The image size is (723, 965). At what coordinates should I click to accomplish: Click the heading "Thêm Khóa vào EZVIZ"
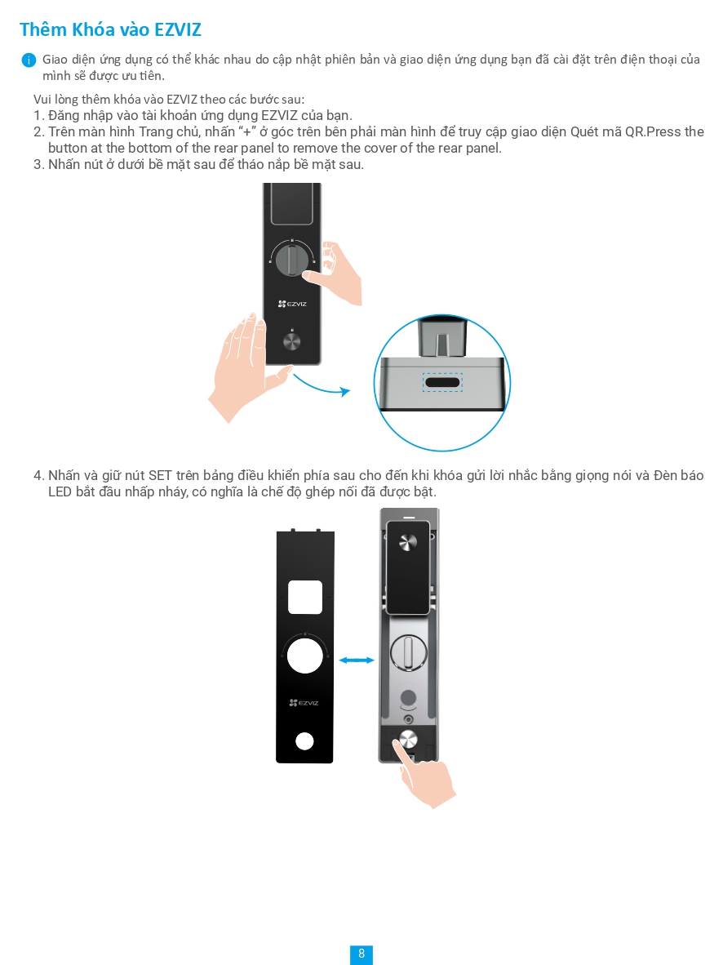pyautogui.click(x=110, y=30)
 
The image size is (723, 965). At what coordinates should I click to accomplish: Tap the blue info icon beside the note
pyautogui.click(x=29, y=60)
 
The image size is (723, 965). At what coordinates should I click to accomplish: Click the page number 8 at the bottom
pyautogui.click(x=361, y=954)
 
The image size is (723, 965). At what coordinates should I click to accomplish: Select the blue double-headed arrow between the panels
pyautogui.click(x=357, y=660)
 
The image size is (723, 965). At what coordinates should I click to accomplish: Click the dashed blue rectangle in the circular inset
pyautogui.click(x=442, y=383)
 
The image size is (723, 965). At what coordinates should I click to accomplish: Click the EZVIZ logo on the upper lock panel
pyautogui.click(x=292, y=304)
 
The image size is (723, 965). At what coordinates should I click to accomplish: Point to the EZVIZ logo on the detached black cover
pyautogui.click(x=304, y=702)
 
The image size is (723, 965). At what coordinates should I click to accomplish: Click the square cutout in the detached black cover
pyautogui.click(x=304, y=598)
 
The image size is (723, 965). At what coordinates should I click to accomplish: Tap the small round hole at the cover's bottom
pyautogui.click(x=304, y=741)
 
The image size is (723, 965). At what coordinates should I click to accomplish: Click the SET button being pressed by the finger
pyautogui.click(x=406, y=740)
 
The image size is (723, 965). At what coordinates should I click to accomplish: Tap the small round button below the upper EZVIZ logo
pyautogui.click(x=291, y=340)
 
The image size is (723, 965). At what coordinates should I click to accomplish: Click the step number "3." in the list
pyautogui.click(x=38, y=165)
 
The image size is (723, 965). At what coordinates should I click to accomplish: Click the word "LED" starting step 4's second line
pyautogui.click(x=60, y=492)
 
